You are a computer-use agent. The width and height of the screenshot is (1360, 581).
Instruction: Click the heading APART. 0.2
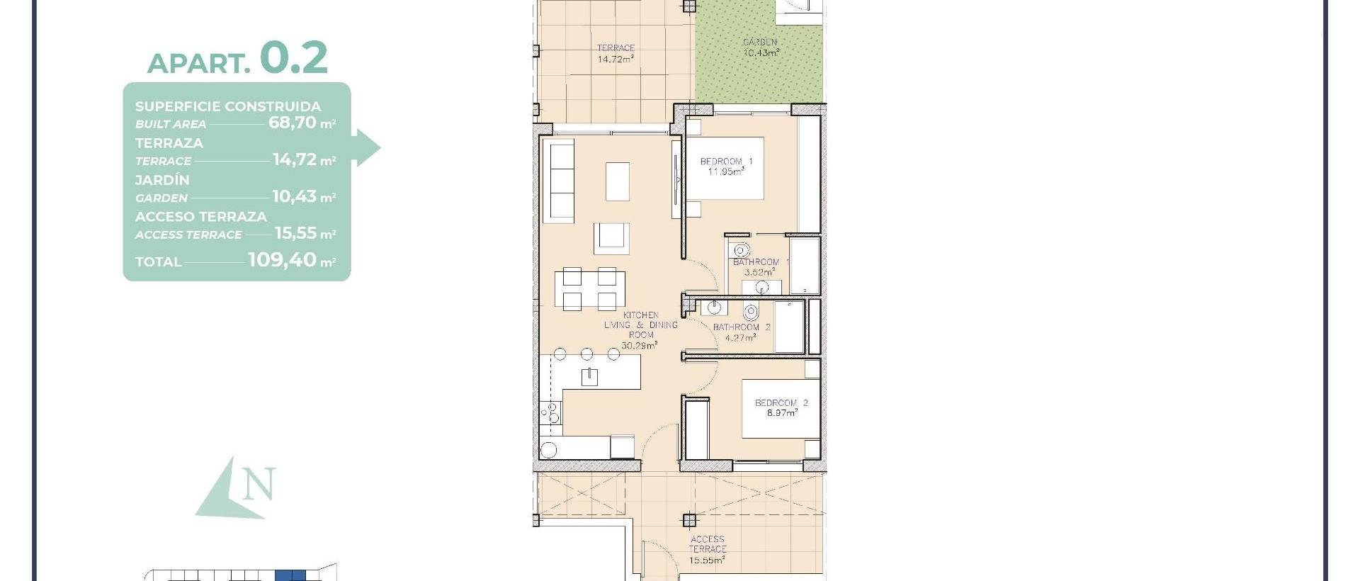237,58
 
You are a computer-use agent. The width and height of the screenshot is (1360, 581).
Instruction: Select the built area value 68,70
292,122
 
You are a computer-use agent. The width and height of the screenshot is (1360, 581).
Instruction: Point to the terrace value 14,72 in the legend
294,159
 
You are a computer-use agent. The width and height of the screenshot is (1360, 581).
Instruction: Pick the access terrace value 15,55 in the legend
295,233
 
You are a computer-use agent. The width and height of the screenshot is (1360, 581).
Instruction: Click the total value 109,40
282,260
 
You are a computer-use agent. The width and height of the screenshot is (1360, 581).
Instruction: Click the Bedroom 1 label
726,167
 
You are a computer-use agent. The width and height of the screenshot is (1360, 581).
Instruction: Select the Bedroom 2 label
781,408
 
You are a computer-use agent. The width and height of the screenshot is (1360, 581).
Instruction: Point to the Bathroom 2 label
741,332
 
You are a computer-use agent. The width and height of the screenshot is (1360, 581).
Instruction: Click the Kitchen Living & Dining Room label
640,330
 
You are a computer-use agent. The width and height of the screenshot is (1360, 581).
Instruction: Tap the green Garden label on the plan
761,47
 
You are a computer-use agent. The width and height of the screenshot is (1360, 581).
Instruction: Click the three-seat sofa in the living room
562,181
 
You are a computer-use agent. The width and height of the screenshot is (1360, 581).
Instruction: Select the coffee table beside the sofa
618,181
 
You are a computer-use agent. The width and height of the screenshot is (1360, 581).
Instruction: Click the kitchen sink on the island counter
589,376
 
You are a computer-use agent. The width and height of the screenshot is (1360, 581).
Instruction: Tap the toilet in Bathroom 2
751,312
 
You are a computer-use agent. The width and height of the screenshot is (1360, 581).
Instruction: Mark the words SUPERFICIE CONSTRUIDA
228,106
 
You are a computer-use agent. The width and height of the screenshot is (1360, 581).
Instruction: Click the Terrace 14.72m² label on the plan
615,54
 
